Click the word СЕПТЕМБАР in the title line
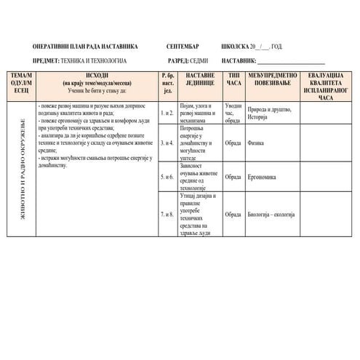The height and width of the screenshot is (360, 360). pos(182,46)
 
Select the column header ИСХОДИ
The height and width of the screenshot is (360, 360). pos(97,76)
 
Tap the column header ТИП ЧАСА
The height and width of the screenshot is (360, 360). pos(234,79)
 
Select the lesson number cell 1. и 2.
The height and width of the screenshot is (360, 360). pos(167,113)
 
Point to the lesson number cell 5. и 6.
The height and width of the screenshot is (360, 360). pos(167,177)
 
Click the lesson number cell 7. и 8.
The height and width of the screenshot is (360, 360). pos(167,215)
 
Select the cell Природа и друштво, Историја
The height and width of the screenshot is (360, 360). pos(268,113)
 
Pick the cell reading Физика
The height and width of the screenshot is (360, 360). pos(255,144)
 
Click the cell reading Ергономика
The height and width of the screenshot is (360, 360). pos(261,177)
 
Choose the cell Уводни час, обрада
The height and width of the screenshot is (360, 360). pos(233,113)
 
